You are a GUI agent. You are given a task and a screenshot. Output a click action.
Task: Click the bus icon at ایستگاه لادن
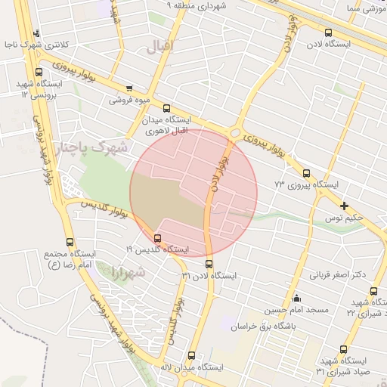(x=327, y=33)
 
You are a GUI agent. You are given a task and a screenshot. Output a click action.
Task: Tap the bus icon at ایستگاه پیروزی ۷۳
(x=306, y=173)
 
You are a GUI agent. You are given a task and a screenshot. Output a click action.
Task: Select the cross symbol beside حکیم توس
(x=345, y=206)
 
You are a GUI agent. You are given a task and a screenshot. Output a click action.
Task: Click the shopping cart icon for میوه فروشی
(x=129, y=88)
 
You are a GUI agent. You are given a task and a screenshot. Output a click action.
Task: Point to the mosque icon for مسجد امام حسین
(x=296, y=298)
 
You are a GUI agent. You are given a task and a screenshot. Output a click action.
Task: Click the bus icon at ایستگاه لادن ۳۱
(x=209, y=264)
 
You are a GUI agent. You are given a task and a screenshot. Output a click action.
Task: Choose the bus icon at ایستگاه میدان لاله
(x=191, y=354)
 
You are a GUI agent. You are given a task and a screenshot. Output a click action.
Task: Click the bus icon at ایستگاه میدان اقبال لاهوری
(x=166, y=108)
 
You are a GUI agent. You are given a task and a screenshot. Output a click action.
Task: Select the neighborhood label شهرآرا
(x=128, y=270)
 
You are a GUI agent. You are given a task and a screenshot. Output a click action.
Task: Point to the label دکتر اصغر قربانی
(x=333, y=274)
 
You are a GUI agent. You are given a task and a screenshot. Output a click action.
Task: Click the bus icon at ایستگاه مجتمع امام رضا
(x=70, y=243)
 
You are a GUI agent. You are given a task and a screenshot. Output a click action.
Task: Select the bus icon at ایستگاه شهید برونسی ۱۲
(x=39, y=72)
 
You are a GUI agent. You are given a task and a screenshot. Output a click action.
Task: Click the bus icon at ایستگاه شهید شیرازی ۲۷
(x=373, y=291)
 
